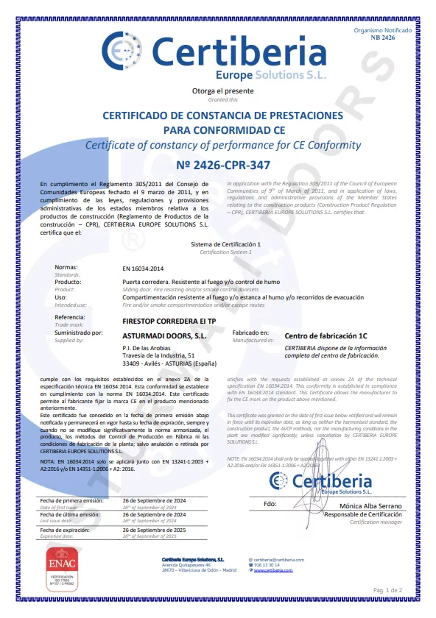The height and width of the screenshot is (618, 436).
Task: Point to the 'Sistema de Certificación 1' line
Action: [x=225, y=244]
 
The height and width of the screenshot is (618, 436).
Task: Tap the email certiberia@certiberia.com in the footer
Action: [x=278, y=560]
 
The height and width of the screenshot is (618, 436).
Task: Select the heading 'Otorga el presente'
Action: [x=217, y=91]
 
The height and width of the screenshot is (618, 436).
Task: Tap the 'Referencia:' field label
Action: [x=70, y=317]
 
